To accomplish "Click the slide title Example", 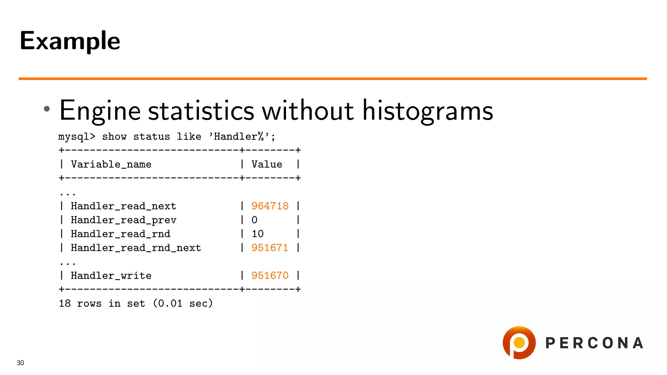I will coord(70,41).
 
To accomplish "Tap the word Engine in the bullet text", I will coord(100,111).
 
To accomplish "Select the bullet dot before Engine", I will coord(47,109).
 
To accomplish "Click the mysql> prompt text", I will coord(77,136).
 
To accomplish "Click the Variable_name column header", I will coord(111,164).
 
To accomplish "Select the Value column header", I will coord(267,164).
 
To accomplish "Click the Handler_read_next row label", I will coord(123,206).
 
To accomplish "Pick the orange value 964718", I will coord(270,206).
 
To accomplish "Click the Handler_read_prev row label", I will coord(123,220).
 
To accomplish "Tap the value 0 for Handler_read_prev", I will coord(254,220).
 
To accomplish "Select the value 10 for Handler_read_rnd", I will coord(257,234).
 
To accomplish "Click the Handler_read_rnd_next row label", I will coord(136,248).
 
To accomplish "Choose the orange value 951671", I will coord(270,248).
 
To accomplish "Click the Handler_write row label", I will coord(111,276).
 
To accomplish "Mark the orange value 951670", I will coord(270,276).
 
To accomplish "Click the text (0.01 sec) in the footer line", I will coord(183,303).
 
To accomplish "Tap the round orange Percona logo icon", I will coord(519,342).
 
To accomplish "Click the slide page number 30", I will coord(20,363).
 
